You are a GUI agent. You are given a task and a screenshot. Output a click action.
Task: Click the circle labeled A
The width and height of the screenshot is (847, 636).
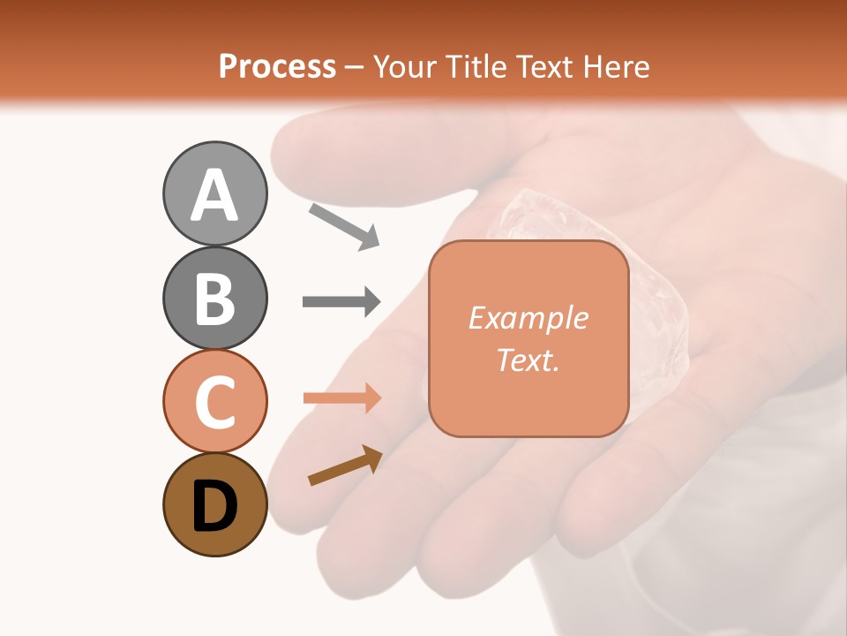(214, 193)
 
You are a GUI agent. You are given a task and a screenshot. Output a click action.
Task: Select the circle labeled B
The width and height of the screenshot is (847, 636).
(214, 298)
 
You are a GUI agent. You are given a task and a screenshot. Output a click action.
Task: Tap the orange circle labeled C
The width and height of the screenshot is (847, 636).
(214, 401)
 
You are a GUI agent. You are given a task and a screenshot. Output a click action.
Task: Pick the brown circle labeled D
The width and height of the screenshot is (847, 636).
(214, 504)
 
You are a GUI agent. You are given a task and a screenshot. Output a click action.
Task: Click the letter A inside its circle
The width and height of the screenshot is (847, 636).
(214, 195)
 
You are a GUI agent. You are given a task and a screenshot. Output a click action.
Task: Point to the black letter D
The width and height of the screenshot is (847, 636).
(214, 506)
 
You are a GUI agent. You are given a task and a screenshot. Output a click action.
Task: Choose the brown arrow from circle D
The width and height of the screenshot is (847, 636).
(344, 466)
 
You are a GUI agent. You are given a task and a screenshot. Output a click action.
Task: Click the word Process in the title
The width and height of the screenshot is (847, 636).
(277, 66)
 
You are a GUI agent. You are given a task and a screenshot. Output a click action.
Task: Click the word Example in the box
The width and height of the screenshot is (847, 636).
(528, 318)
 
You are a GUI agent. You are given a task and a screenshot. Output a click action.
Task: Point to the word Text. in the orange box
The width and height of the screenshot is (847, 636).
(528, 360)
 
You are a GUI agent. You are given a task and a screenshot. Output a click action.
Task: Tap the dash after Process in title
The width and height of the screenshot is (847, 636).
(355, 67)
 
